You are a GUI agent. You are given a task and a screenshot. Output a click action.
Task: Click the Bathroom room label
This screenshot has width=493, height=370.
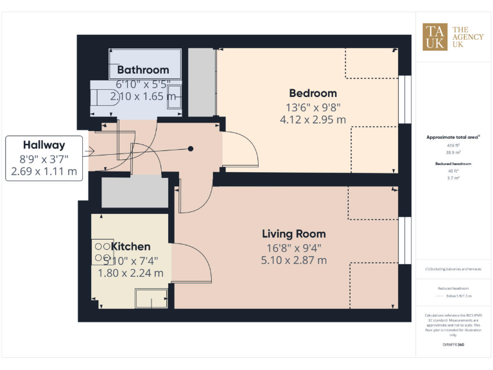143,69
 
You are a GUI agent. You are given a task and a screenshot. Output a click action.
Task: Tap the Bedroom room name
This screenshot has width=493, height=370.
313,93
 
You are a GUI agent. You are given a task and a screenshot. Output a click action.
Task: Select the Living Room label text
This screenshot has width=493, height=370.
293,234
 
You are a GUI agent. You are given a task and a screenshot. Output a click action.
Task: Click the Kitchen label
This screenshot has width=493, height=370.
131,247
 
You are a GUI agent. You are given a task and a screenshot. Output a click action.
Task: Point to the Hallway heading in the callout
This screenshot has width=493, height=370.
44,145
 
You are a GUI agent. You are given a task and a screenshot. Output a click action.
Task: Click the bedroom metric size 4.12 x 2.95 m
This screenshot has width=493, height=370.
313,119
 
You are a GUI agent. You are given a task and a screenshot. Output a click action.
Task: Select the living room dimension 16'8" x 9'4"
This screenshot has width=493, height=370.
293,247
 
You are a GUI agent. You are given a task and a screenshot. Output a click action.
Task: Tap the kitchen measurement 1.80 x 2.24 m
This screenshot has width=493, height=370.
130,273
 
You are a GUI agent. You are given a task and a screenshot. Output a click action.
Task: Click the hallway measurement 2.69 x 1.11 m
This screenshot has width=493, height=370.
44,172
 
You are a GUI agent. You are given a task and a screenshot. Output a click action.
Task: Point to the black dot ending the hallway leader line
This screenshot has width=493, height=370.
191,149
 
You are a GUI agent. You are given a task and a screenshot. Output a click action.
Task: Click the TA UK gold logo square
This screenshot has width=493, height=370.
435,36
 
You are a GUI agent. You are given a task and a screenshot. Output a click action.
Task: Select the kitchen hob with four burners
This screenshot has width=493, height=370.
103,251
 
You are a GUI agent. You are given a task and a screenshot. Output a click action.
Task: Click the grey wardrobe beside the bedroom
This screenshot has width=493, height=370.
202,82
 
